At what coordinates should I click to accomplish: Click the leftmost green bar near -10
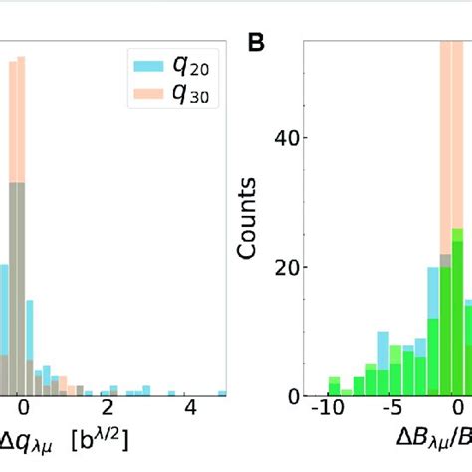(334, 388)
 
